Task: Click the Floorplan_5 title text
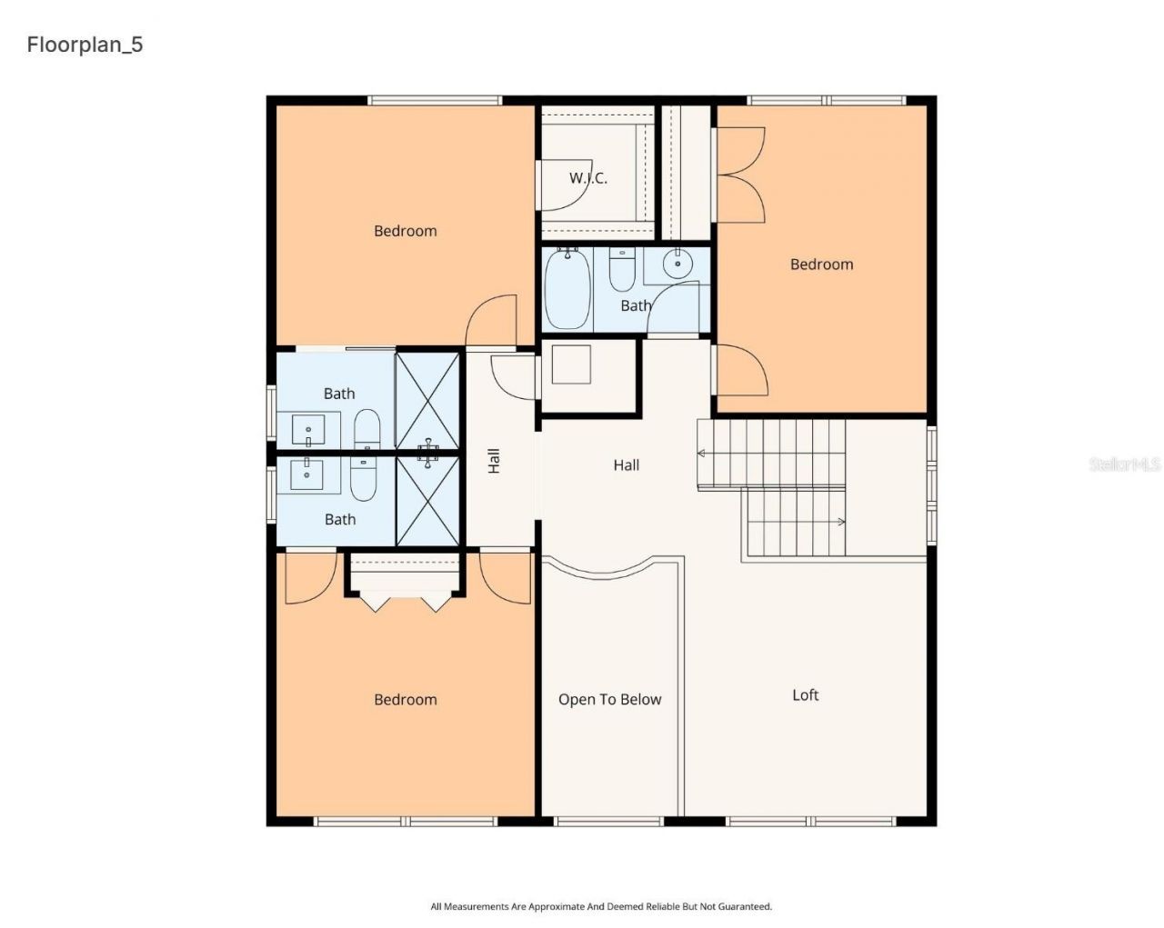[85, 45]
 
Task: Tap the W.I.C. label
[588, 178]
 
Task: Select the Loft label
[805, 695]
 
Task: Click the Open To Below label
[609, 699]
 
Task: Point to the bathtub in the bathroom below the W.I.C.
[567, 290]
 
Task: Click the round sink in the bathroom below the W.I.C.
[677, 264]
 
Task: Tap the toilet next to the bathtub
[622, 270]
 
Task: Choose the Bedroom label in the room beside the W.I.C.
[405, 231]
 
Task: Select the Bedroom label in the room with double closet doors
[821, 264]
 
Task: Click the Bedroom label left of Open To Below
[405, 699]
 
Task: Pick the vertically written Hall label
[494, 461]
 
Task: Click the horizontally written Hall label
[626, 465]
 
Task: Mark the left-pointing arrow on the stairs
[702, 453]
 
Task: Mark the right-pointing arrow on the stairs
[841, 522]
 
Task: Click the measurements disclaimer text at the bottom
[601, 906]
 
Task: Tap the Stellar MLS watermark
[1125, 464]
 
